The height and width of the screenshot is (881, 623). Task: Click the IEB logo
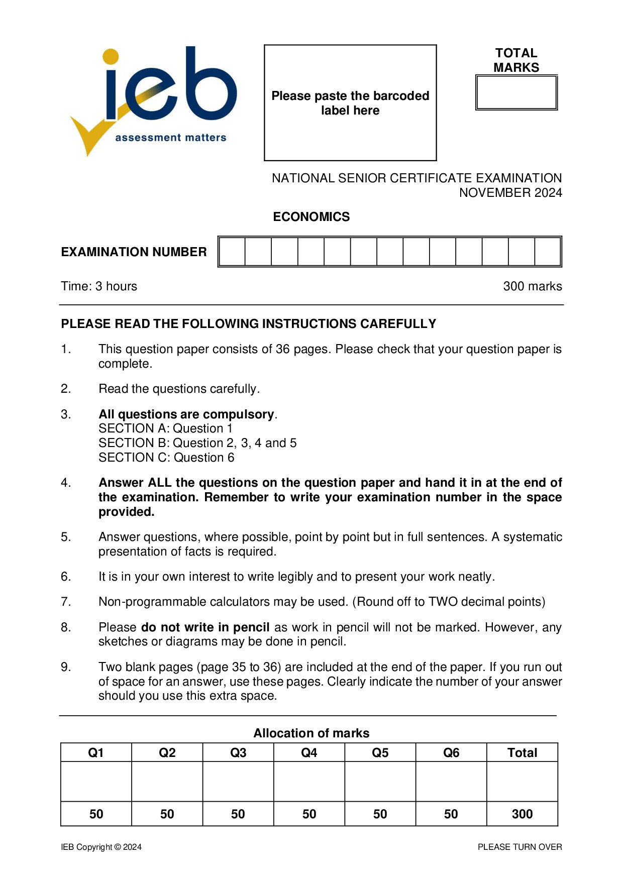coord(153,100)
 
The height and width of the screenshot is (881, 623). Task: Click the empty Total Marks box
coord(516,92)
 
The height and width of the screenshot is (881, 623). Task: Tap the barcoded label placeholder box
coord(350,102)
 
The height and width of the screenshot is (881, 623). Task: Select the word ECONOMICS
coord(311,216)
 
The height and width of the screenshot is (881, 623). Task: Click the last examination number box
coord(547,252)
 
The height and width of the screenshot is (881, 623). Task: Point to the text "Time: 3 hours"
coord(99,286)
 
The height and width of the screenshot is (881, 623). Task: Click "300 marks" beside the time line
coord(532,286)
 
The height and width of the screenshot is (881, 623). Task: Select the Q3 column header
coord(238,752)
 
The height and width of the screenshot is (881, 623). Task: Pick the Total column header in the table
coord(522,752)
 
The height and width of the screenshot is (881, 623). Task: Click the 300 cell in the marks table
coord(522,814)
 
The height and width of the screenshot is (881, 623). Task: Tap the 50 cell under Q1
coord(96,814)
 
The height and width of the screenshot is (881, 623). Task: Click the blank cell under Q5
coord(380,782)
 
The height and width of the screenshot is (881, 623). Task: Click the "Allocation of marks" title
coord(311,733)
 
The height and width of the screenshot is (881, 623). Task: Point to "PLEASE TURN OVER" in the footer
coord(520,847)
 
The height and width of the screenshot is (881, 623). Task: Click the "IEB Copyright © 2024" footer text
coord(101,847)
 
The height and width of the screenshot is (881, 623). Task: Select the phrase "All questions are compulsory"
coord(186,414)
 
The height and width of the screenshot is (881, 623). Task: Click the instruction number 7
coord(66,602)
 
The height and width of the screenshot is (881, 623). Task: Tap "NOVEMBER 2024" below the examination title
coord(510,193)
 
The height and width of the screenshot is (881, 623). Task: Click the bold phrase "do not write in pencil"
coord(205,627)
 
